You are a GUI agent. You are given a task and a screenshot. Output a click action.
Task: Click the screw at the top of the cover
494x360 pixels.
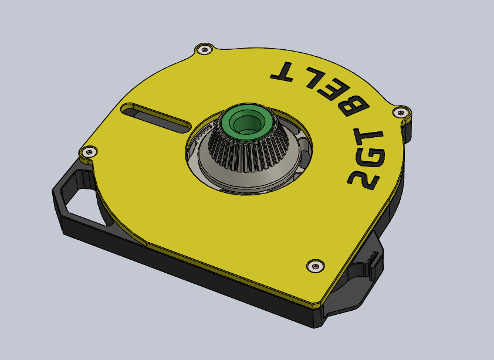click(x=205, y=49)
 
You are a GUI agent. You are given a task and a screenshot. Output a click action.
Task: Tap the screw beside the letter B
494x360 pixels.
click(x=401, y=113)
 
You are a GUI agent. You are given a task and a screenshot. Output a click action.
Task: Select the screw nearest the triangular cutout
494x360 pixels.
click(x=89, y=152)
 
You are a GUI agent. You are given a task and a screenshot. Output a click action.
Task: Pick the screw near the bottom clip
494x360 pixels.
click(x=316, y=266)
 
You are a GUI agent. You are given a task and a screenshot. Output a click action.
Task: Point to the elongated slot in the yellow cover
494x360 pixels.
click(x=155, y=117)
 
